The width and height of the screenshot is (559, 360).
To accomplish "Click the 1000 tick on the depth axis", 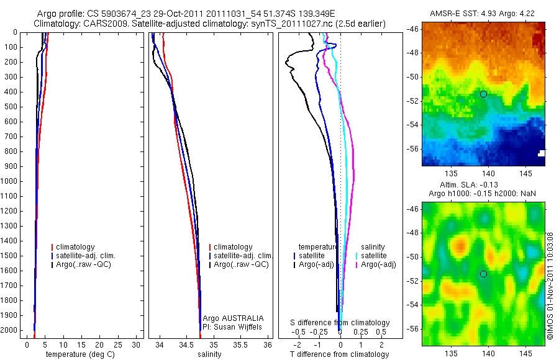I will [x=11, y=181].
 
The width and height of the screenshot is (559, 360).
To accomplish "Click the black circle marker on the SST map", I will [x=483, y=94].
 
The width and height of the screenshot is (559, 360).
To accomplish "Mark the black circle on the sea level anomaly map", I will [x=483, y=274].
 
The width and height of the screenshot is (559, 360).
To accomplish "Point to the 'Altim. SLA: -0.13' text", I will [x=482, y=185].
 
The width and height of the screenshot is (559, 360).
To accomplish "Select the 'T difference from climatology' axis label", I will [x=339, y=354].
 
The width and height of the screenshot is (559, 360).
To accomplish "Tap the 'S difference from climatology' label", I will [x=340, y=323].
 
